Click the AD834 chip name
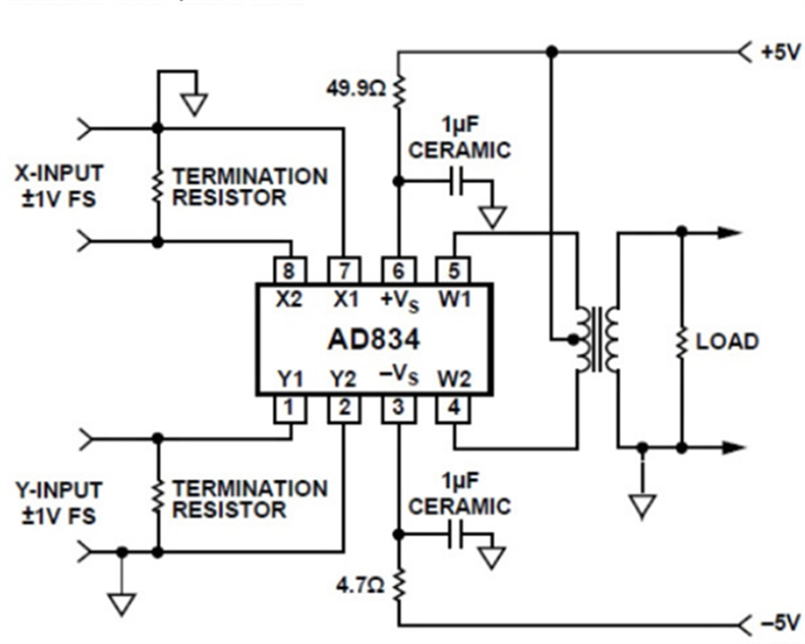pos(374,339)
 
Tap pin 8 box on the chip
pos(290,270)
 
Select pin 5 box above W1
pos(453,270)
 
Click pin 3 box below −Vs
pos(398,408)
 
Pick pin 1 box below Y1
pos(290,408)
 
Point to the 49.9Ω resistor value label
pos(355,89)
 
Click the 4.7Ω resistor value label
pos(360,585)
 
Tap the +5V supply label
pos(780,53)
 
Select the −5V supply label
pos(780,624)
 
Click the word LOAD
pos(727,342)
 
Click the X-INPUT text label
pos(58,173)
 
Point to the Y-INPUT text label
pos(58,490)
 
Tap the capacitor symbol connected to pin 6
pos(456,181)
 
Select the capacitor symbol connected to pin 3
pos(456,534)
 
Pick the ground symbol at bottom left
pos(122,603)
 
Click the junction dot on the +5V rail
pos(551,52)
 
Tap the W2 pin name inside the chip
pos(454,379)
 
